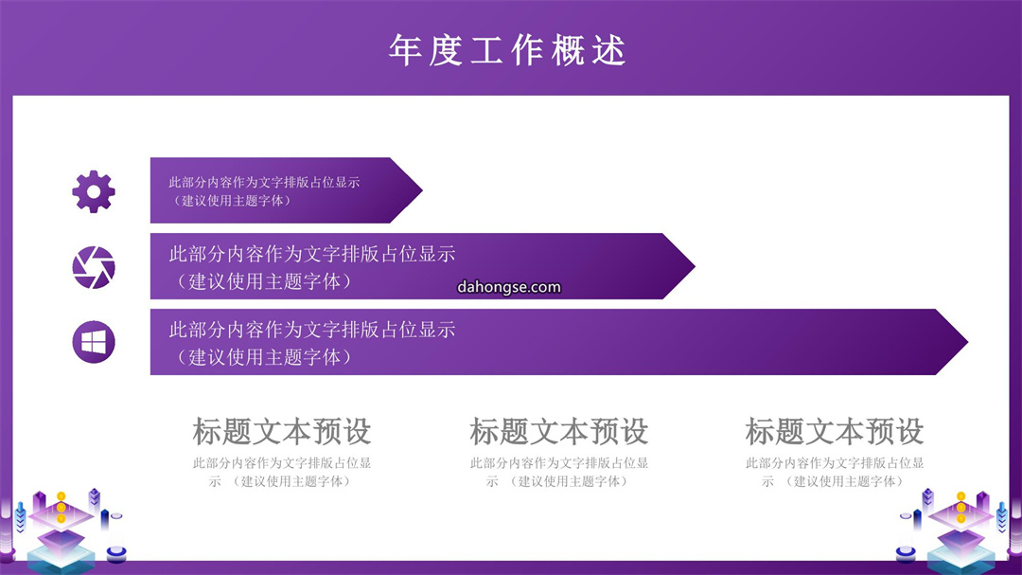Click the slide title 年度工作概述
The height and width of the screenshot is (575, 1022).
508,50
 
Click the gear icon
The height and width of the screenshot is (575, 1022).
93,191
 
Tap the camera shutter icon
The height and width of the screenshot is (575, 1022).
93,267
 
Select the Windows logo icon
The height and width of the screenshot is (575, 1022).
93,342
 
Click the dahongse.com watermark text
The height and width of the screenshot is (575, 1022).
509,287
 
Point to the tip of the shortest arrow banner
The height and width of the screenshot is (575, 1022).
422,190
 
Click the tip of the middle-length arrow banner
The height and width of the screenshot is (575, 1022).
695,266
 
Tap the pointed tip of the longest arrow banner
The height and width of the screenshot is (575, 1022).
968,341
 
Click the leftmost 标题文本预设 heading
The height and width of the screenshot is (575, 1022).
282,431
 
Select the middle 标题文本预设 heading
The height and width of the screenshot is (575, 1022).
558,431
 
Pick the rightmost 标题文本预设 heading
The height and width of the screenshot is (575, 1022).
835,431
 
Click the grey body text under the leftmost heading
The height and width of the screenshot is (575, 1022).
282,473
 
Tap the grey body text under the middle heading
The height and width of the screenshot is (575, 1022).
558,473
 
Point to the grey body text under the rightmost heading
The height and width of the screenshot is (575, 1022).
835,473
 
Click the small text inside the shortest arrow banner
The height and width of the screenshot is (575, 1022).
264,191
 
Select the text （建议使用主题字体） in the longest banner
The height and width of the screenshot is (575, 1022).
264,357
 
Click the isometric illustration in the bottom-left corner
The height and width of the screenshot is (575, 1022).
64,530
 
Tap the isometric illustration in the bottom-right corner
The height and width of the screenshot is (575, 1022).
958,530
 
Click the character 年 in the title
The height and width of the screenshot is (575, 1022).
405,50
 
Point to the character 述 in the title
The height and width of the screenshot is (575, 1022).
609,50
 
